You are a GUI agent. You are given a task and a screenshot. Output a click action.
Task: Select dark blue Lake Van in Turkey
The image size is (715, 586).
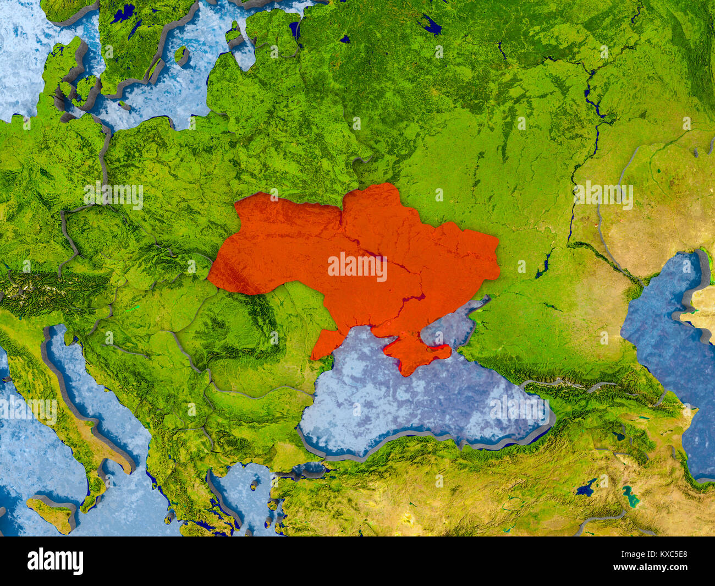click(x=586, y=488)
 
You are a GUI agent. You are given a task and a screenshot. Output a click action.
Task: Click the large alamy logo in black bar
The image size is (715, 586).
click(x=55, y=561)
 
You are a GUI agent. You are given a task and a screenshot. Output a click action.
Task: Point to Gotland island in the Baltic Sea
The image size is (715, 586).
click(x=180, y=55)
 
